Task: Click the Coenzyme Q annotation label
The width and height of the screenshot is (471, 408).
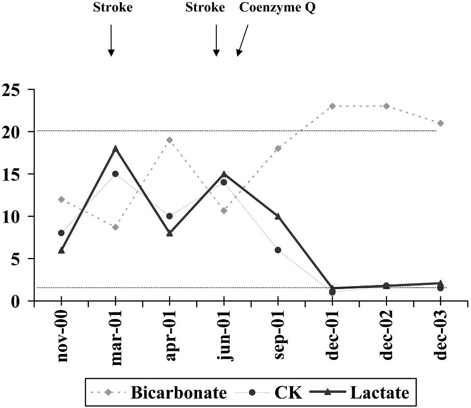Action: [x=276, y=8]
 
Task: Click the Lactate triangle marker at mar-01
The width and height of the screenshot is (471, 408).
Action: [x=116, y=148]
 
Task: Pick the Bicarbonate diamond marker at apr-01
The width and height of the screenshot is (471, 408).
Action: [x=170, y=140]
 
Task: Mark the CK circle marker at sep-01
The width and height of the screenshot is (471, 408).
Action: [x=278, y=250]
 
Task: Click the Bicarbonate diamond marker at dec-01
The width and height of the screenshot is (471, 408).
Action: [x=333, y=106]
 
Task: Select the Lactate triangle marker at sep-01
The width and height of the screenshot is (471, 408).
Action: [x=278, y=216]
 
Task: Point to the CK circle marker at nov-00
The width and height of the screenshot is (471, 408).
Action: [x=62, y=233]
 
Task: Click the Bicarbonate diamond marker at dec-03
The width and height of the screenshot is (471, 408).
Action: [x=440, y=123]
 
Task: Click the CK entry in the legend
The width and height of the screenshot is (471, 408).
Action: [x=275, y=392]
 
